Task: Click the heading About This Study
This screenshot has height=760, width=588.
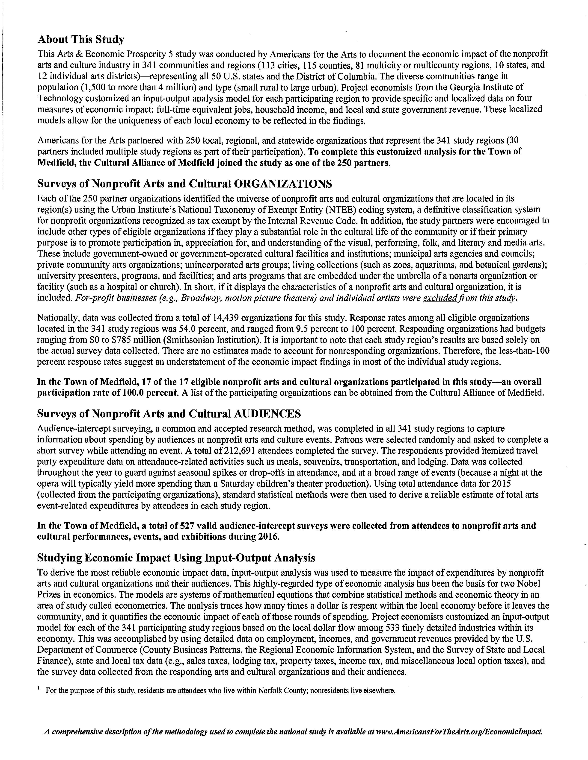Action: (x=80, y=39)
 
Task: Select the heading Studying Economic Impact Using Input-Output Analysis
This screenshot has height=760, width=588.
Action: (x=176, y=558)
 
